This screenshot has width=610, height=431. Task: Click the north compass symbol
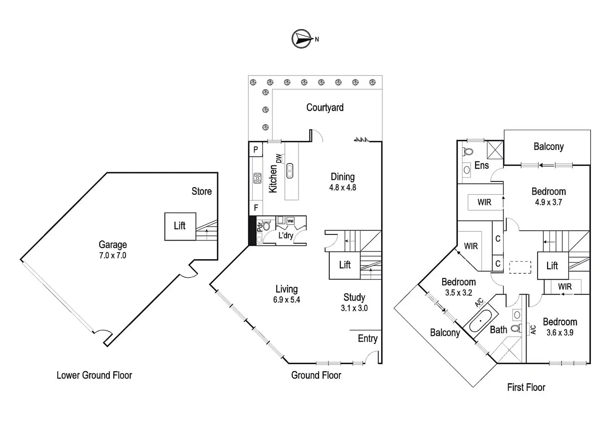coord(302,39)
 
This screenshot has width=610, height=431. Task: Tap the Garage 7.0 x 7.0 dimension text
coord(113,255)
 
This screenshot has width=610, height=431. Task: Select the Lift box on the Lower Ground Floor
coord(180,226)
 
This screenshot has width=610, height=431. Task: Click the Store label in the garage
coord(201,191)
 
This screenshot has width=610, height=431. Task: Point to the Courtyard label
coord(325,108)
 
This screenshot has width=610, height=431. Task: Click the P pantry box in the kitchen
coord(256,149)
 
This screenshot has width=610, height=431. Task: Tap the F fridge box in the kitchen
coord(256,208)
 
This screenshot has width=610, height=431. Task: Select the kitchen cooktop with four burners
coord(257,178)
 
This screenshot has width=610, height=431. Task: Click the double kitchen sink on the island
coord(290,170)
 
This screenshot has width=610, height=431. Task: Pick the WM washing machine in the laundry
coord(290,221)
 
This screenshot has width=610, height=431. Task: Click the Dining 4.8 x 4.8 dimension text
coord(343,188)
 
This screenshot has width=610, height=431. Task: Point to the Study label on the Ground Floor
coord(354,297)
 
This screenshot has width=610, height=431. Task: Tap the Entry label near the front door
coord(368,339)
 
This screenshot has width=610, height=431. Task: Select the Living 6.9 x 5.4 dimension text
coord(286,300)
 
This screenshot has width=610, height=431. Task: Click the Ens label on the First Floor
coord(482,166)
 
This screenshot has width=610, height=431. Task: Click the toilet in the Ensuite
coord(468,152)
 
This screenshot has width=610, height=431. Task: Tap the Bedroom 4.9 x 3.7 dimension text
coord(548,202)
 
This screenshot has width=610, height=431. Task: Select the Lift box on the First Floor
coord(552,266)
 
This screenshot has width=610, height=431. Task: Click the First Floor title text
coord(526,388)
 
